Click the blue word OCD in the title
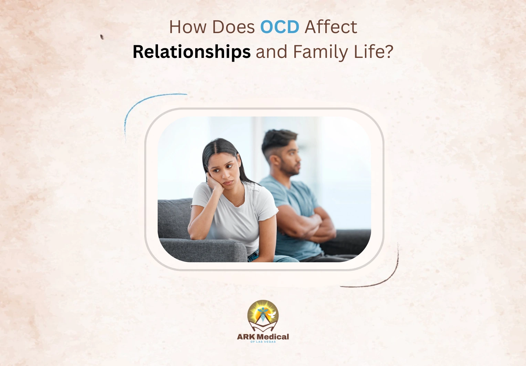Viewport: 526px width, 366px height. click(x=280, y=27)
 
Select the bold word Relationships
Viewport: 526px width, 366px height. click(x=192, y=52)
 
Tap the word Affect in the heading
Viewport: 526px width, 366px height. click(x=331, y=27)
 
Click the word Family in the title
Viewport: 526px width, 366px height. click(x=320, y=52)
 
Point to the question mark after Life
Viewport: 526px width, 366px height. click(x=389, y=51)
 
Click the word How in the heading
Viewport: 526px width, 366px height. click(x=188, y=27)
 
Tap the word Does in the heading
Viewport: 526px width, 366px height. click(x=233, y=27)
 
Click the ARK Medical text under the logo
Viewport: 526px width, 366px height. click(x=263, y=337)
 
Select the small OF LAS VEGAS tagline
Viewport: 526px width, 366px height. click(x=263, y=342)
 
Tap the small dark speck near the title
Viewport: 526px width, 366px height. click(x=102, y=37)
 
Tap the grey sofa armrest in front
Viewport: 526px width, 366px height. click(x=203, y=250)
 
